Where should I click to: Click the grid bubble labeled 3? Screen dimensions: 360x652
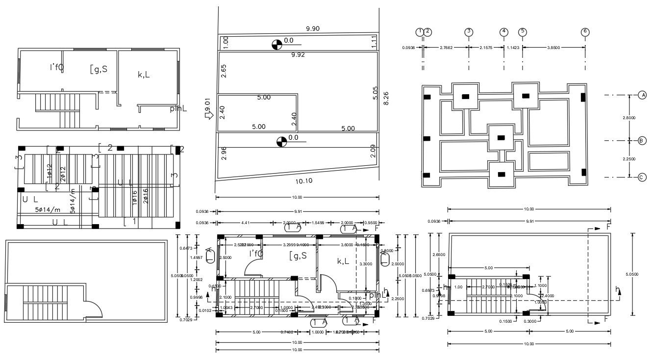pos(469,32)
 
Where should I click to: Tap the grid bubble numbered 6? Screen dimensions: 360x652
pos(585,32)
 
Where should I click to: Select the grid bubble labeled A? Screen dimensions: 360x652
pos(642,95)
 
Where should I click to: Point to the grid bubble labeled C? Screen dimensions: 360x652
pos(642,177)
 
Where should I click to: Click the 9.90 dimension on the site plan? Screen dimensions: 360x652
pos(312,29)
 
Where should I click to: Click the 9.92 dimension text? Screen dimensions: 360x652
pos(298,55)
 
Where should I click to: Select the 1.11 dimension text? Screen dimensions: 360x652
pos(374,42)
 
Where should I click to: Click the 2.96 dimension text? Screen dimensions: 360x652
pos(224,154)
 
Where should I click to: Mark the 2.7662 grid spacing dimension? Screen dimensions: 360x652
pos(446,48)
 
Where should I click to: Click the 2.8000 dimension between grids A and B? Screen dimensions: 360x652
pos(629,118)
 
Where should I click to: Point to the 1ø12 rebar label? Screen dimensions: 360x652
pos(50,171)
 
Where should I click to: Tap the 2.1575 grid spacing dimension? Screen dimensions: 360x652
pos(485,48)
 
